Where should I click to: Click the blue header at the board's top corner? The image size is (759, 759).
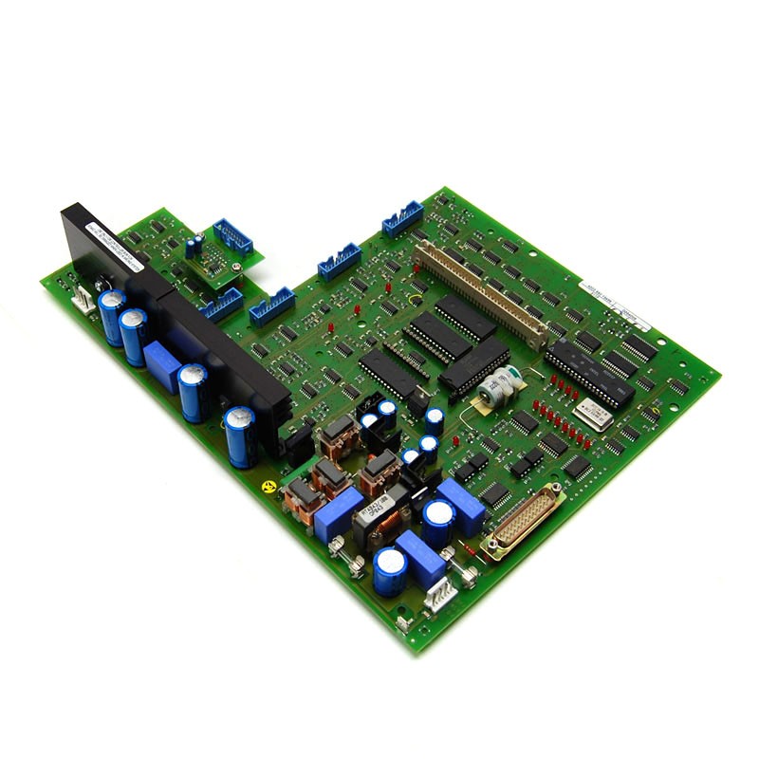pos(402,218)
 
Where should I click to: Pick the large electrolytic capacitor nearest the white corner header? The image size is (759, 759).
pos(390,571)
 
